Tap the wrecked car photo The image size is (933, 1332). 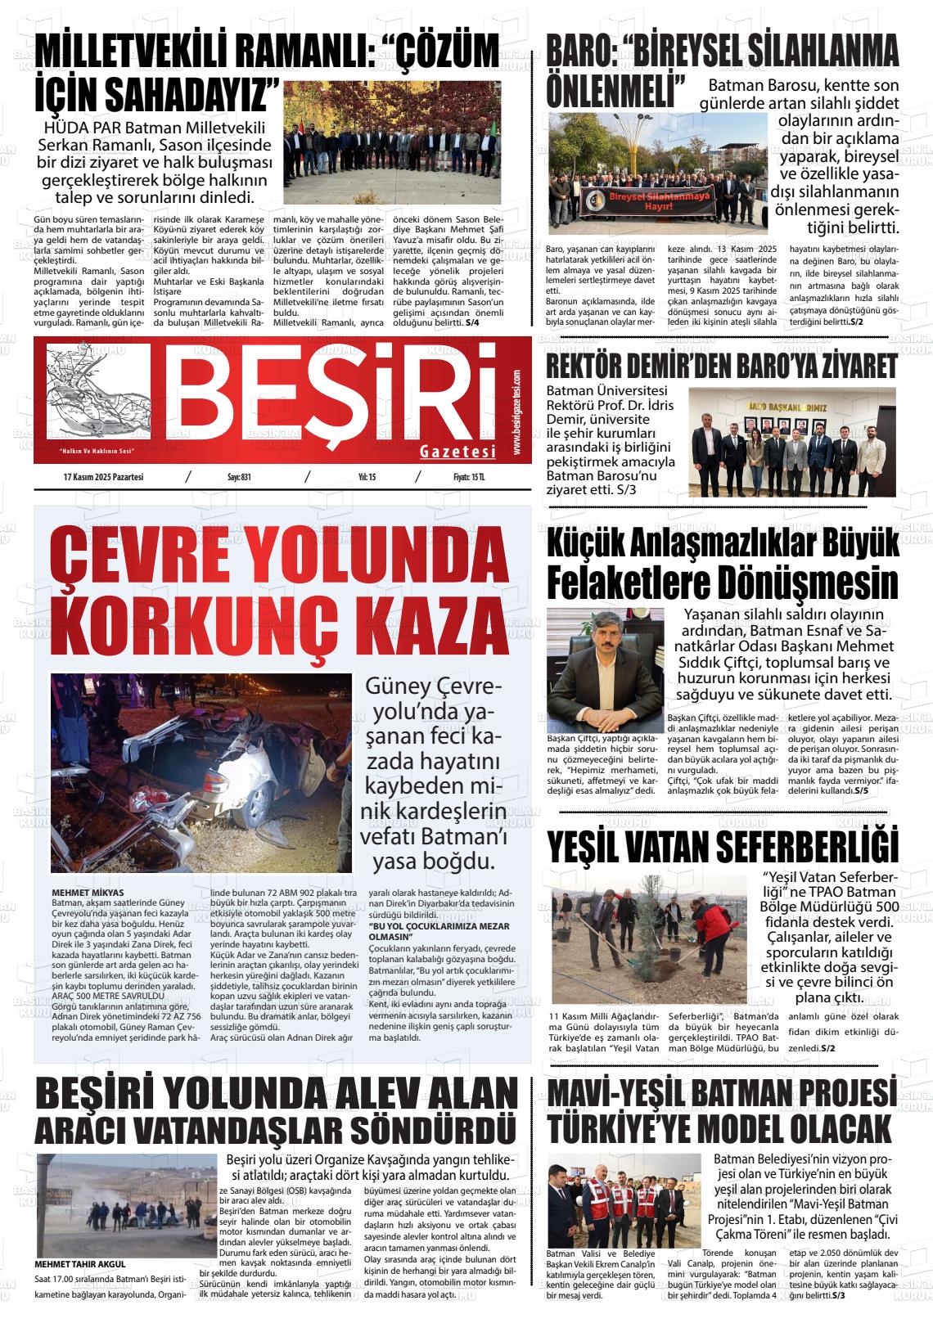(201, 772)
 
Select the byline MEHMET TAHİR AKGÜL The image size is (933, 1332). (81, 1264)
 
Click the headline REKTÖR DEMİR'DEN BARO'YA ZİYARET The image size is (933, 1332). (722, 366)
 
